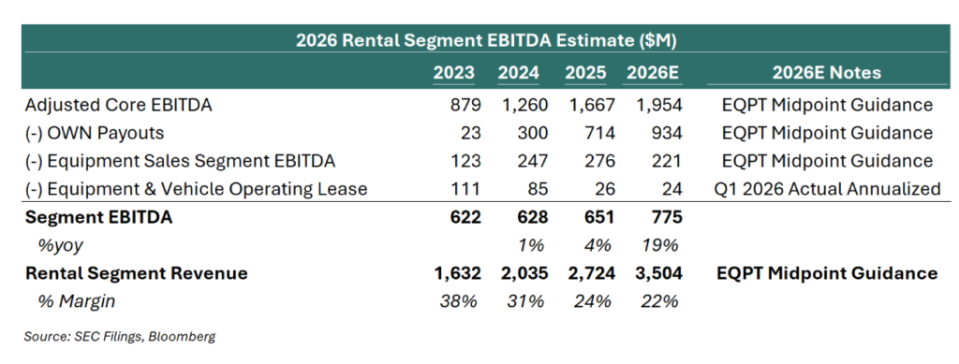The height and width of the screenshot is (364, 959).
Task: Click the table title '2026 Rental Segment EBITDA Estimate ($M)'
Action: [x=486, y=41]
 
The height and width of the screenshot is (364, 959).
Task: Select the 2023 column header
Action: [x=454, y=73]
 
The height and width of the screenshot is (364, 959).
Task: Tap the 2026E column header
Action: [x=652, y=73]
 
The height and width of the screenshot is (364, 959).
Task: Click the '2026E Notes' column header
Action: [x=826, y=73]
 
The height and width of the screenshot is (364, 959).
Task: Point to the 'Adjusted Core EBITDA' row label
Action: [x=119, y=105]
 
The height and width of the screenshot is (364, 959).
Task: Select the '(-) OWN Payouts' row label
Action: [x=95, y=133]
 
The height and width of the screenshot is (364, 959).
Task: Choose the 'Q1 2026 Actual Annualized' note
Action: [x=827, y=189]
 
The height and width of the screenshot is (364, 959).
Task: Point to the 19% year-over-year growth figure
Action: [x=660, y=245]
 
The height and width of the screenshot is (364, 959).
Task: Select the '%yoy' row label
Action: [x=60, y=246]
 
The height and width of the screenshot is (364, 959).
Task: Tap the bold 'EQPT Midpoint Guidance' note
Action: [x=827, y=273]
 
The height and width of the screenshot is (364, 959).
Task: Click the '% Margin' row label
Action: [x=76, y=301]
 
